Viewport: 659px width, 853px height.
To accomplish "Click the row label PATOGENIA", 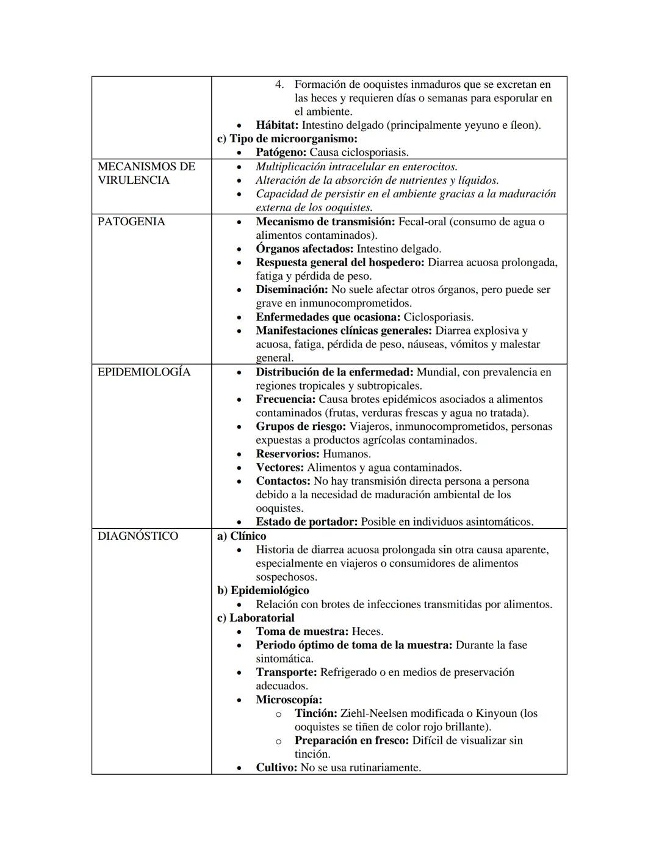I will point(131,222).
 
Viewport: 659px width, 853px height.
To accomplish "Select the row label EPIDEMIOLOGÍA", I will point(144,372).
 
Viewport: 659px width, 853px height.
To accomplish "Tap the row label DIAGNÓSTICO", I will point(138,536).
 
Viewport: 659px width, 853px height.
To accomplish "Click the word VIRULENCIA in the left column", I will point(134,180).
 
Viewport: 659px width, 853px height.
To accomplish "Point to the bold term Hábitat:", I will point(277,125).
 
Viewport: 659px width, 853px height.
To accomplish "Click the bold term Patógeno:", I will point(281,153).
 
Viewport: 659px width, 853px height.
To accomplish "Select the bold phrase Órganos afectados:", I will point(304,249).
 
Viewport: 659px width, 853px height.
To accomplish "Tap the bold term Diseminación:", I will point(292,289).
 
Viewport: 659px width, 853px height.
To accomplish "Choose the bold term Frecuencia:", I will point(286,399).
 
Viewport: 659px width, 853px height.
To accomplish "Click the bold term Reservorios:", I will point(287,454).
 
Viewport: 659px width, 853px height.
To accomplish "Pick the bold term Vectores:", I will point(279,468).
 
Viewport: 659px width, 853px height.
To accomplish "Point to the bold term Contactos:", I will point(283,481).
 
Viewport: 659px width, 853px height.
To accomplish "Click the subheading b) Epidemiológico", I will point(263,590).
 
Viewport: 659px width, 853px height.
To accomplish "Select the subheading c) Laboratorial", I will point(256,618).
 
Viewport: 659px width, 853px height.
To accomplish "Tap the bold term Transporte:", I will point(286,672).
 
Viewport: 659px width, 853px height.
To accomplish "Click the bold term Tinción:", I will point(315,713).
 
